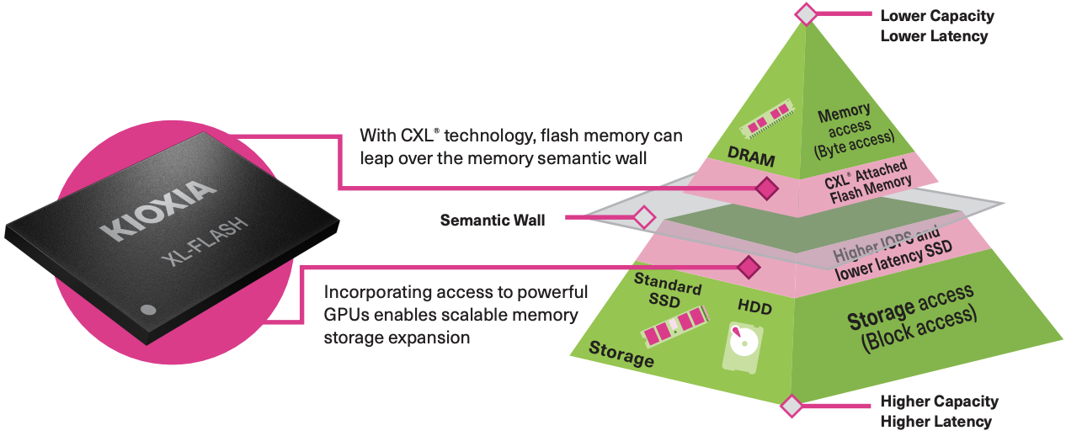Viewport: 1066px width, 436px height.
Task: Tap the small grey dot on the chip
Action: pyautogui.click(x=148, y=309)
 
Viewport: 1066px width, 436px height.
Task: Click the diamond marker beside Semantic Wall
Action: pyautogui.click(x=644, y=218)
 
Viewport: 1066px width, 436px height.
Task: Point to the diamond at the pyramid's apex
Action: pyautogui.click(x=807, y=14)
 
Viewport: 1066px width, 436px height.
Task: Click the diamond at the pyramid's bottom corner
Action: pyautogui.click(x=791, y=407)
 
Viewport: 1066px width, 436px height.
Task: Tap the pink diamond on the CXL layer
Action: pyautogui.click(x=766, y=189)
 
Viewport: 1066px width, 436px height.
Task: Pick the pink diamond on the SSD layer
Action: pyautogui.click(x=748, y=268)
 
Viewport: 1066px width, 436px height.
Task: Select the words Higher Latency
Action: pyautogui.click(x=935, y=421)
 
